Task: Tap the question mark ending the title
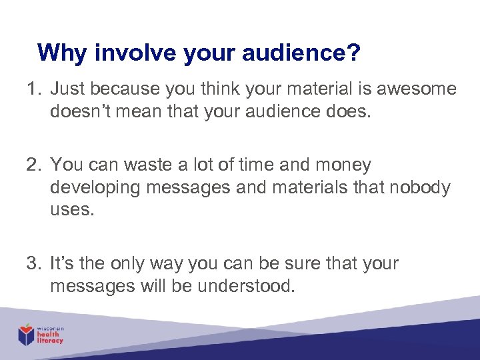(x=353, y=53)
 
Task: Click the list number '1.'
(x=35, y=89)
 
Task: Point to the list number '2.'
(x=35, y=164)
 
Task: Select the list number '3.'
(x=35, y=263)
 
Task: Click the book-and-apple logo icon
(x=27, y=334)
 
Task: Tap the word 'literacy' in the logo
(x=50, y=341)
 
